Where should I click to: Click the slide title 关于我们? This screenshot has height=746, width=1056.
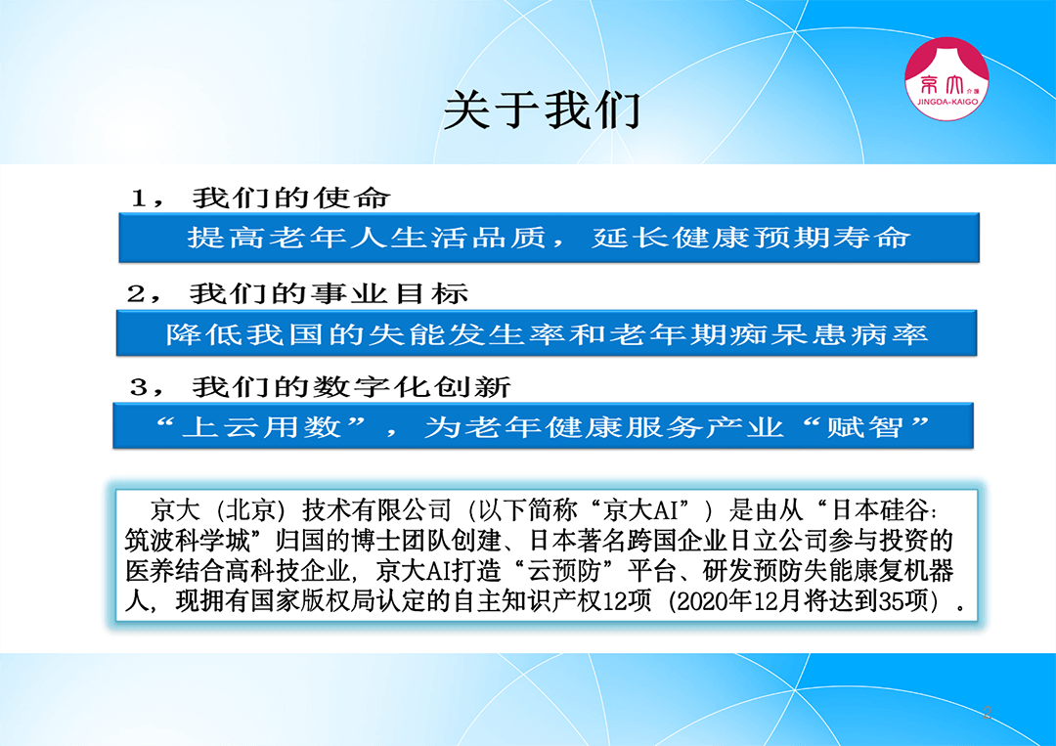542,110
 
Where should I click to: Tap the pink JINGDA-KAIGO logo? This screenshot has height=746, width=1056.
946,79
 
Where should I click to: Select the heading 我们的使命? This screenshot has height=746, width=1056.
291,197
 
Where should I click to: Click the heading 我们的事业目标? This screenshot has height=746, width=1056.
329,293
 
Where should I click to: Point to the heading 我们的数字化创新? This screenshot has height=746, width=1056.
352,387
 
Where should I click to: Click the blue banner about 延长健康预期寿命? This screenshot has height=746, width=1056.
549,238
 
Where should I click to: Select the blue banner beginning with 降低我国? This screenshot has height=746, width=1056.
547,333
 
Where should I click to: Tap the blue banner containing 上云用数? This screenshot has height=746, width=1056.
543,425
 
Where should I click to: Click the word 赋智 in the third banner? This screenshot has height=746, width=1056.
864,427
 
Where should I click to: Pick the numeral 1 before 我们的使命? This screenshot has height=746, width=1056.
140,198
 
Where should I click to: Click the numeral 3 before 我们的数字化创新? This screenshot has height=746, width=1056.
139,388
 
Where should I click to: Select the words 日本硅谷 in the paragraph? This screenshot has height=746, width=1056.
880,509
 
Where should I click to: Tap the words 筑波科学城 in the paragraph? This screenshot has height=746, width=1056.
187,540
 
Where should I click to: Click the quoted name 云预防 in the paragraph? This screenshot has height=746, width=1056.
564,570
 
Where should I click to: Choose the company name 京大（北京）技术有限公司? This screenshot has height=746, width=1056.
301,509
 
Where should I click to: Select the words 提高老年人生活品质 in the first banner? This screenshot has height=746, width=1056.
367,238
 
